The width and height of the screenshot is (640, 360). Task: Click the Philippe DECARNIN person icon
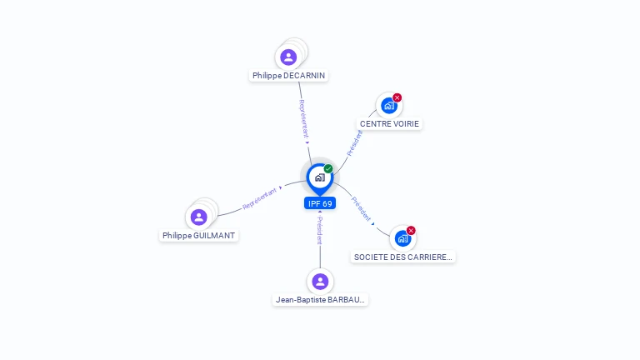288,57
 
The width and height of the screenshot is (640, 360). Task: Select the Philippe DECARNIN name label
288,75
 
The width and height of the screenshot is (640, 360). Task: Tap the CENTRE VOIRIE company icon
388,106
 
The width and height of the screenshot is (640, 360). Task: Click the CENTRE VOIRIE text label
389,123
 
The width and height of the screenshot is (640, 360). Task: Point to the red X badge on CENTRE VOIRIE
397,97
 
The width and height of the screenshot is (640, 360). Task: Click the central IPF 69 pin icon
319,177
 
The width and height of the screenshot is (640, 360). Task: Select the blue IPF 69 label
320,203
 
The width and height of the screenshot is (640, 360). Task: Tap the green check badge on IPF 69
328,168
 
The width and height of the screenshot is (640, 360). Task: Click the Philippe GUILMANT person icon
198,217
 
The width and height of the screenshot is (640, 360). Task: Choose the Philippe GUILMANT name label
199,235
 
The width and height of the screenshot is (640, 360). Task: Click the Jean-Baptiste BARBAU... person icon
320,281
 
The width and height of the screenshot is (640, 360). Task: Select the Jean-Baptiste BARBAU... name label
320,299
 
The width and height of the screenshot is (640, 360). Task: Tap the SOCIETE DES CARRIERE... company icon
402,238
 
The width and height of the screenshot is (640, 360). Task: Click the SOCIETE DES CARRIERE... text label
403,257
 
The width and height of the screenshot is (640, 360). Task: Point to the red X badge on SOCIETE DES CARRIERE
411,230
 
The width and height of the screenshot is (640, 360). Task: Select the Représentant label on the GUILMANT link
259,198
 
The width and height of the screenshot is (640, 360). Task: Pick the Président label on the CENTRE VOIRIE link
354,142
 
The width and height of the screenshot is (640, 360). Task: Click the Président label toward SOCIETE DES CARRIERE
361,208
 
